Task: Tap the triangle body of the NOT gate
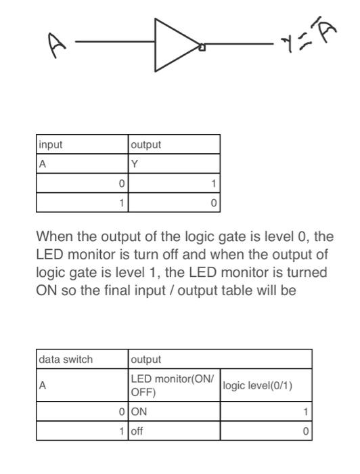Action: pos(173,45)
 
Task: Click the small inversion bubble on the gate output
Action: pos(201,47)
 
